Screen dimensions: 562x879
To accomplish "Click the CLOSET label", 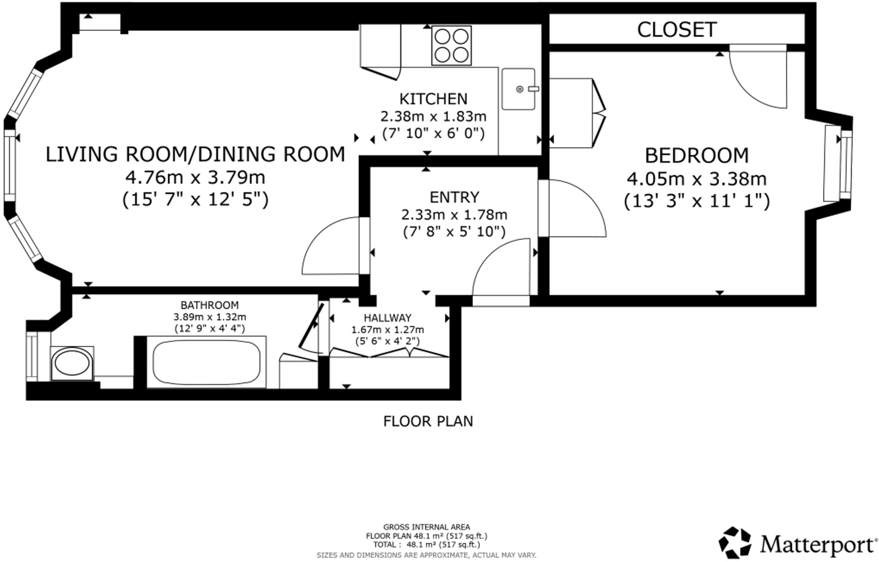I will (677, 30).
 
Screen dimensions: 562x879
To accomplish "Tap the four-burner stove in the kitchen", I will (451, 46).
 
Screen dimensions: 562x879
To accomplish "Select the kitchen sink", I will (518, 89).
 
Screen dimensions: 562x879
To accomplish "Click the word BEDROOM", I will (697, 156).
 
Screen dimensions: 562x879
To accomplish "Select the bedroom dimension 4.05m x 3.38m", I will (697, 179).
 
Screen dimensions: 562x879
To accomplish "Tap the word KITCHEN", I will (434, 99).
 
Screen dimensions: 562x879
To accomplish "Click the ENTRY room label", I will (455, 197).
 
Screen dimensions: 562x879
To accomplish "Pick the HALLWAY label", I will (388, 318).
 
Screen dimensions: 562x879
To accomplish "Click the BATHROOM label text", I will (209, 305).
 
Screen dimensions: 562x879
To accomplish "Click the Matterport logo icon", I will (735, 542).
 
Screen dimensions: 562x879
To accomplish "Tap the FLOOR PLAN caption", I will (428, 421).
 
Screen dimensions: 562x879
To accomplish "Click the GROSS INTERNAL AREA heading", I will (427, 527).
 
